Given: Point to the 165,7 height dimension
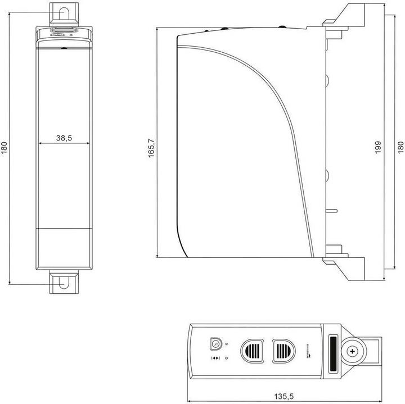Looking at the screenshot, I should (151, 148).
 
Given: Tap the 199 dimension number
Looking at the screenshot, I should (379, 147).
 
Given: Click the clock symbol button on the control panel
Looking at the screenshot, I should (215, 343).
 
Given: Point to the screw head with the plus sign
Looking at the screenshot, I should (353, 351).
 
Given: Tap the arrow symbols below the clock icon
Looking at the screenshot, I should (215, 358).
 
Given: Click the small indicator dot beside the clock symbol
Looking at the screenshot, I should (226, 344).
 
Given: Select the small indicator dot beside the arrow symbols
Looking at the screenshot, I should (226, 358).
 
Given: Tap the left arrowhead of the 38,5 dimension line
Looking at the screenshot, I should (40, 144).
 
